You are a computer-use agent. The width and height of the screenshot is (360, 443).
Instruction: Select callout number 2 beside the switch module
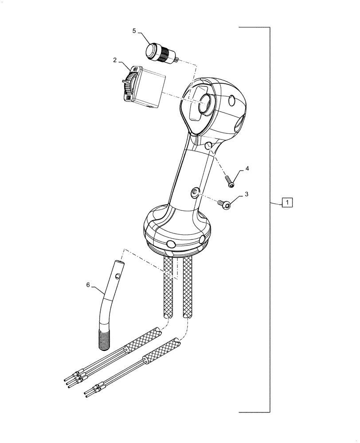[x=114, y=60]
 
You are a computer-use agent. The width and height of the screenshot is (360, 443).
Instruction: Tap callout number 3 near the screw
[x=247, y=194]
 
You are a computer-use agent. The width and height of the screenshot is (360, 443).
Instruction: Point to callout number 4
[x=247, y=168]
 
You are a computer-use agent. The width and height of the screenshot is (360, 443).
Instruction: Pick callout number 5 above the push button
[x=134, y=31]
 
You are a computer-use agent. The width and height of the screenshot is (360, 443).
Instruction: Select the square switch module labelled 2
[x=144, y=87]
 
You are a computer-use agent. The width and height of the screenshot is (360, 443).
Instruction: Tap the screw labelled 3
[x=226, y=203]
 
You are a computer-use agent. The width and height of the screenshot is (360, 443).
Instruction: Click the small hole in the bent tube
[x=117, y=276]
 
